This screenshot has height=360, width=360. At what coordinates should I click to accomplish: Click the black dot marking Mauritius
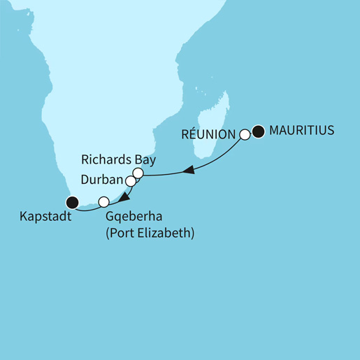point(259,131)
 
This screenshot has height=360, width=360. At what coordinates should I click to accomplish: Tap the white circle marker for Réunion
point(245,134)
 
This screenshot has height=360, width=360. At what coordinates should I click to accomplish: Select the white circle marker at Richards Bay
point(138,173)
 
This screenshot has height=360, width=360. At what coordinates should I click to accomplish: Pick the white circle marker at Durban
point(131,181)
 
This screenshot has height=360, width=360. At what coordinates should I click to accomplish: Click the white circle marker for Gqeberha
point(103,202)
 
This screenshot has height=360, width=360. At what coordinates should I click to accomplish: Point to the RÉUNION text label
point(210,134)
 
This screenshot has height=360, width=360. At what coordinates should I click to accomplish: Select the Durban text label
point(101,180)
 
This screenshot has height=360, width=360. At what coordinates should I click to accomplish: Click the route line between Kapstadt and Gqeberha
point(87,208)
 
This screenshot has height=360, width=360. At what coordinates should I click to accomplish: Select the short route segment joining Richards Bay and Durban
point(135,177)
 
